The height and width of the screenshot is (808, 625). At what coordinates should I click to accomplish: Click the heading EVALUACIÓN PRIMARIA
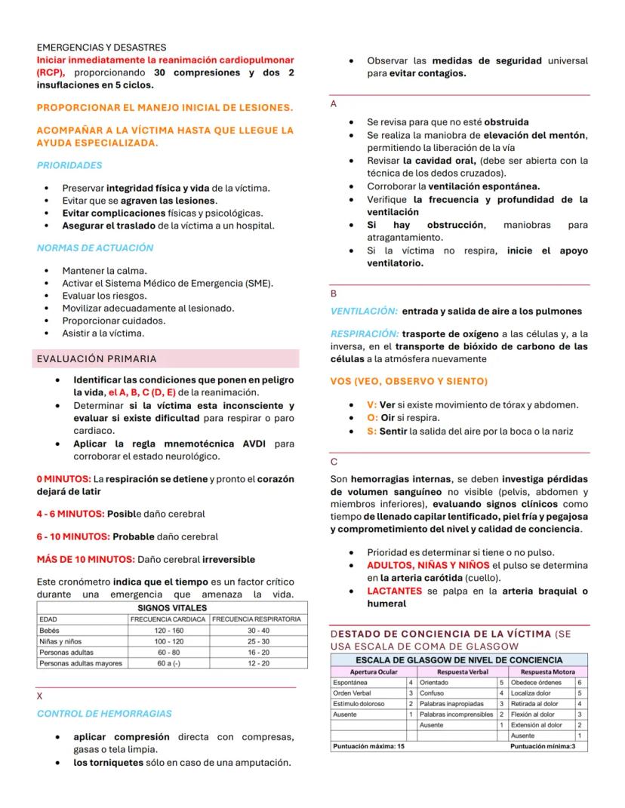[x=97, y=358]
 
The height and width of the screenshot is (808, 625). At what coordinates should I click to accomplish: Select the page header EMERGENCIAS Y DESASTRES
[x=101, y=48]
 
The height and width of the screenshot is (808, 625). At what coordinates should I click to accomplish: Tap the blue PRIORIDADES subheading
[x=69, y=165]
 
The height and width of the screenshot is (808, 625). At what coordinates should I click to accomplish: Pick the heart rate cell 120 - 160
[x=168, y=630]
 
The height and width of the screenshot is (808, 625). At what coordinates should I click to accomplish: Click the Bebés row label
[x=51, y=630]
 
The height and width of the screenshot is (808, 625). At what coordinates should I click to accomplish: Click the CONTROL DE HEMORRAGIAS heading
[x=104, y=714]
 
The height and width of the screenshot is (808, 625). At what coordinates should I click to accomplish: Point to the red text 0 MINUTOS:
[x=63, y=479]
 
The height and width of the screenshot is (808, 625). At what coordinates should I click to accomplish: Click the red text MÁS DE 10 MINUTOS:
[x=85, y=560]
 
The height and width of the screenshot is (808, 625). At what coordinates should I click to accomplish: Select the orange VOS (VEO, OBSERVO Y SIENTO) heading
[x=409, y=381]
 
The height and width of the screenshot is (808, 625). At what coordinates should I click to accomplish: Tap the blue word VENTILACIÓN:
[x=364, y=311]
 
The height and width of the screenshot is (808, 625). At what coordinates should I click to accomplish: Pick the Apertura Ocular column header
[x=374, y=671]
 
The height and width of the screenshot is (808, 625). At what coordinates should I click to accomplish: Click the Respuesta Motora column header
[x=547, y=671]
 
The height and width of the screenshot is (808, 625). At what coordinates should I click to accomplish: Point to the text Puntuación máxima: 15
[x=369, y=747]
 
